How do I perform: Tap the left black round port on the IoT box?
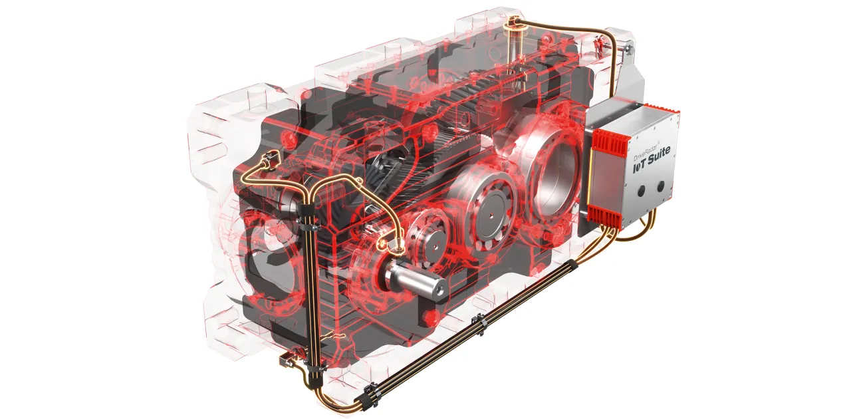tap(642, 191)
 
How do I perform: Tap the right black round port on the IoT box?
tap(661, 186)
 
